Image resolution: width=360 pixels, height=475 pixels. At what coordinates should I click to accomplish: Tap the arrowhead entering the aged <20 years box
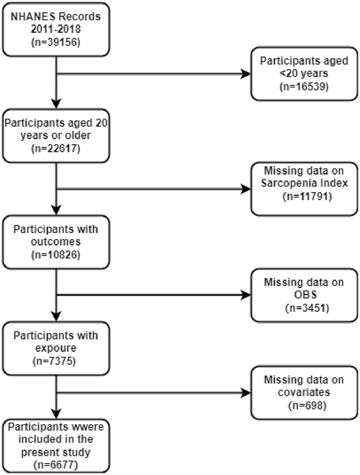pos(246,74)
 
